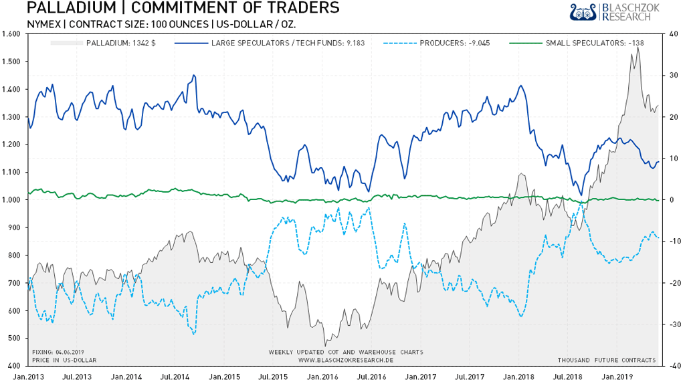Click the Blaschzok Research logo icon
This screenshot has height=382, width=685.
pyautogui.click(x=583, y=12)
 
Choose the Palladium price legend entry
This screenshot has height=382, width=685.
pyautogui.click(x=120, y=43)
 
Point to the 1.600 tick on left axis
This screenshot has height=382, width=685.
pyautogui.click(x=12, y=33)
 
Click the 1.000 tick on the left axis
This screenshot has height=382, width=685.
pyautogui.click(x=12, y=199)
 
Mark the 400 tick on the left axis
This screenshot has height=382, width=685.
pyautogui.click(x=13, y=365)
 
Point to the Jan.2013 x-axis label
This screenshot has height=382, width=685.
pyautogui.click(x=28, y=376)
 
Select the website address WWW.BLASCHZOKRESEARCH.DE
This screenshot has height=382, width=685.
pyautogui.click(x=345, y=359)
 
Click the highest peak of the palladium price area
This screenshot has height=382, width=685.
pyautogui.click(x=638, y=47)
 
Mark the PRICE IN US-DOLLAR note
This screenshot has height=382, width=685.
pyautogui.click(x=64, y=360)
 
